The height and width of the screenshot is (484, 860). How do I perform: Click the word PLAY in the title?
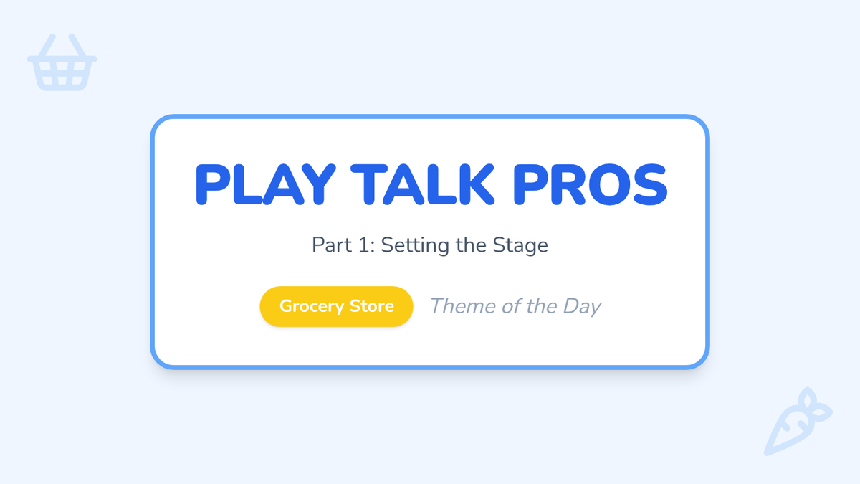pos(266,185)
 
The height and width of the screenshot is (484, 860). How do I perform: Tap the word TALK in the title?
pos(423,185)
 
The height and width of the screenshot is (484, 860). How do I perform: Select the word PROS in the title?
pos(590,185)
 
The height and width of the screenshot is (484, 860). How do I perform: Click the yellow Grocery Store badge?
pos(336,307)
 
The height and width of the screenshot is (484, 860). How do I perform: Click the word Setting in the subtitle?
pos(415,246)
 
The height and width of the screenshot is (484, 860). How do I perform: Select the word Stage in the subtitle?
pos(520,246)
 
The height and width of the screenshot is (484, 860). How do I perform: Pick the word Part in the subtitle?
pos(332,245)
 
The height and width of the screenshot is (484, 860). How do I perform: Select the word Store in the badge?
pos(372,306)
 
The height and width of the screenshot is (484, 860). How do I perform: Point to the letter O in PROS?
pos(610,185)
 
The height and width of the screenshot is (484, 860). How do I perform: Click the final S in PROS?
pos(651,185)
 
